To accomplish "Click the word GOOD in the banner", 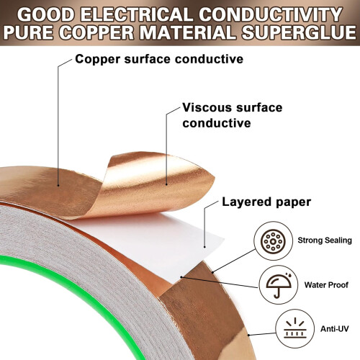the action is point(46,14).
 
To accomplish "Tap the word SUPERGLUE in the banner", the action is point(299,32).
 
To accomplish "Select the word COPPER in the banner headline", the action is point(96,32).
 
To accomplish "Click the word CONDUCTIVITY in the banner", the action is point(271,14).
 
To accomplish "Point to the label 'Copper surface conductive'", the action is point(159,59).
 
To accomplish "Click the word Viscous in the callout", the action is point(207,107).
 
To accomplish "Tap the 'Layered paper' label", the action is point(266,202).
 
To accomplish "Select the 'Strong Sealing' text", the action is point(325,240).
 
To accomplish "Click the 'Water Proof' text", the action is point(326,285).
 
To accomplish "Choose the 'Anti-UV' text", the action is point(335,328).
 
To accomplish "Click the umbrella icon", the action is point(279,285).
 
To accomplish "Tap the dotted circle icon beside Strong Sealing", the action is point(273,240).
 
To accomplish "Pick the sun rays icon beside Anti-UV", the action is point(295,328).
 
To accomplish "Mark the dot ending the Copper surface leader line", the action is point(58,185).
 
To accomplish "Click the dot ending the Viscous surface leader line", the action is point(166,184).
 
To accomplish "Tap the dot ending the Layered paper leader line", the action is point(204,246).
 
